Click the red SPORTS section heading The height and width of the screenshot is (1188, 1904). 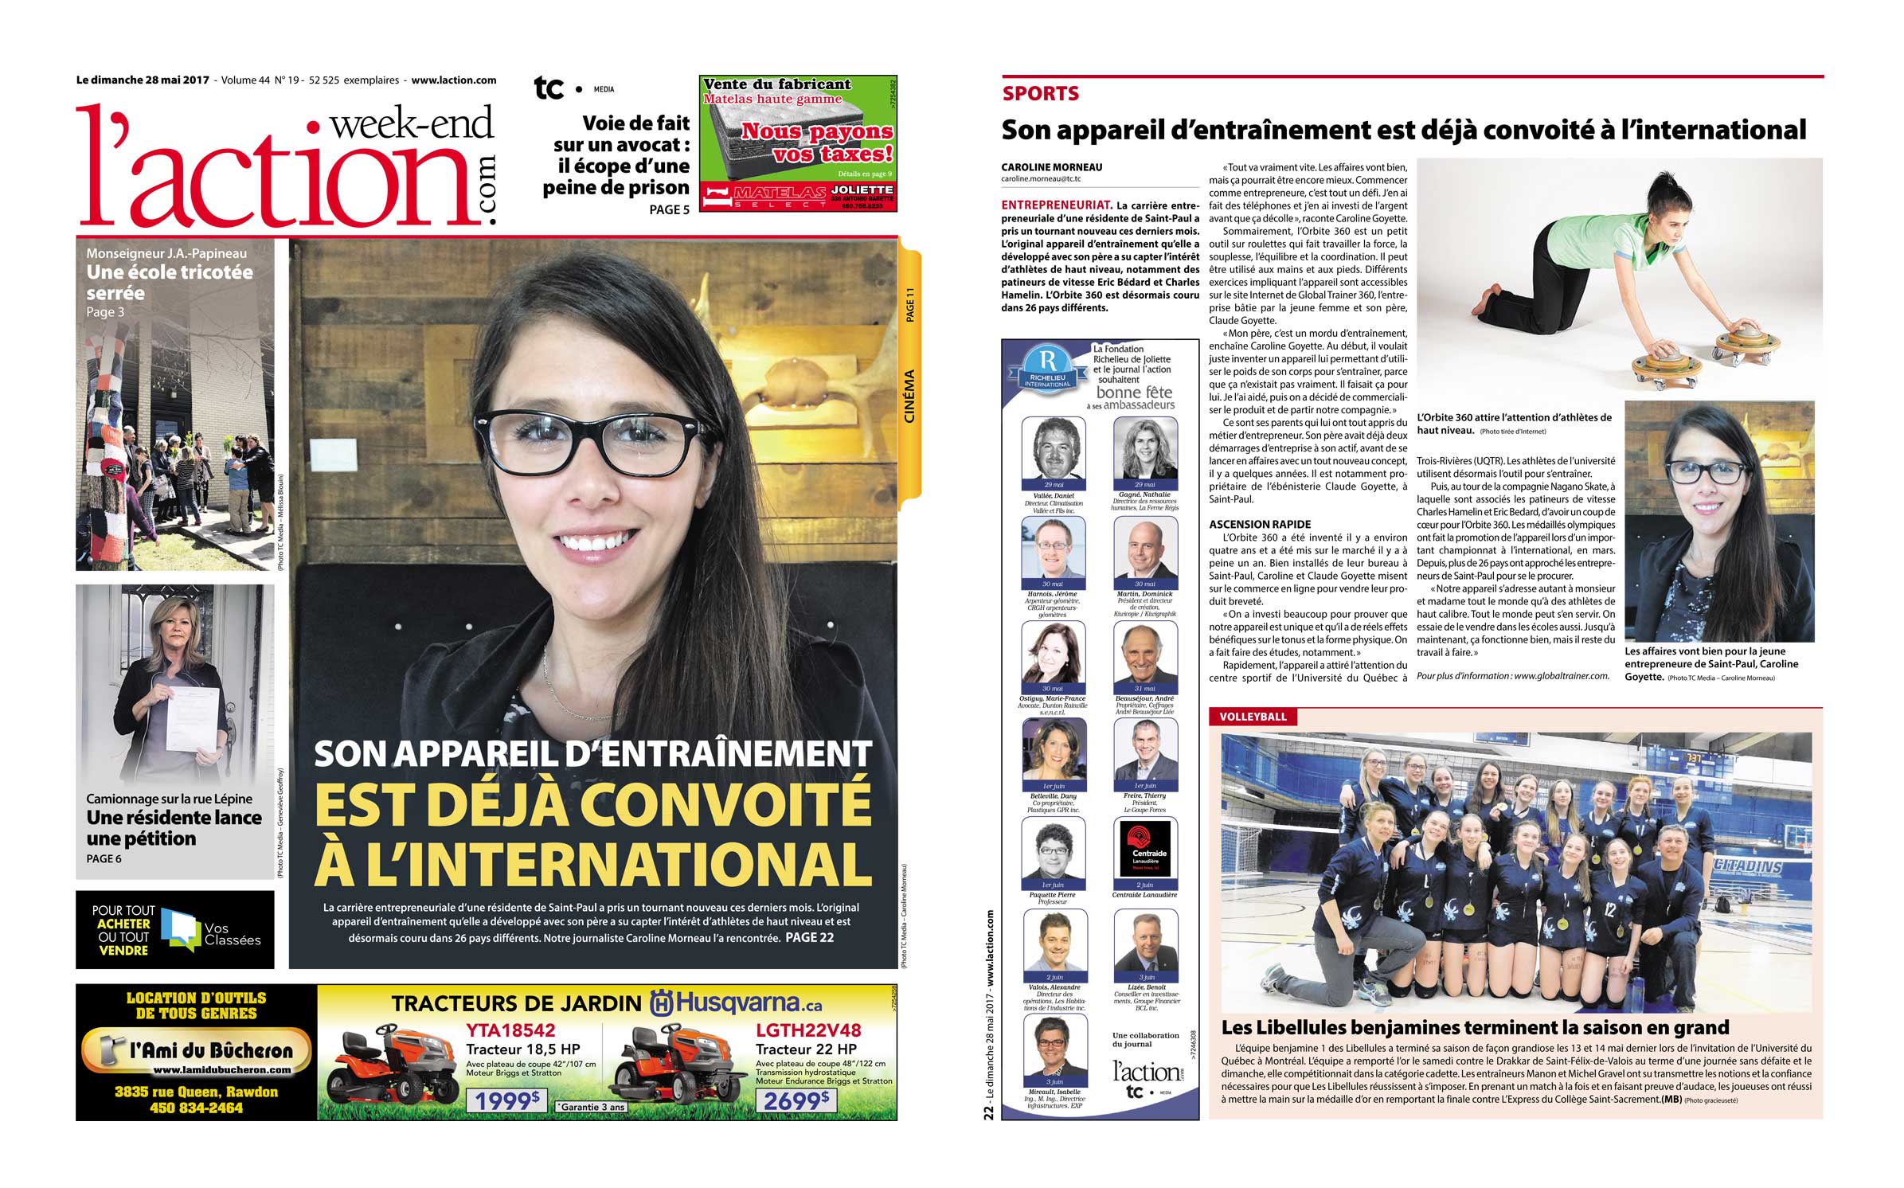[1040, 94]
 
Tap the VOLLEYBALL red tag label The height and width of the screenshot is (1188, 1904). [1253, 717]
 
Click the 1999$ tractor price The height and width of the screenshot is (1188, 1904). [507, 1100]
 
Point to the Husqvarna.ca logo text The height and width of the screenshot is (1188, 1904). [737, 1003]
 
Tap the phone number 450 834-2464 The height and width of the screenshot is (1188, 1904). [196, 1108]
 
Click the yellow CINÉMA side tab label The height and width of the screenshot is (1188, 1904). [909, 396]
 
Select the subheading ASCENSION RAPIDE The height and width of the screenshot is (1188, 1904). [1260, 525]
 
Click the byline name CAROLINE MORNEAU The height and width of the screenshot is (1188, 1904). [1051, 167]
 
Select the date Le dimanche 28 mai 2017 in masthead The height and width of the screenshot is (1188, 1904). [143, 80]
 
